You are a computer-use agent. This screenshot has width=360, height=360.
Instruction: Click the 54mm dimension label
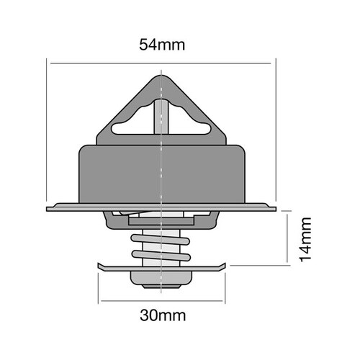(x=162, y=45)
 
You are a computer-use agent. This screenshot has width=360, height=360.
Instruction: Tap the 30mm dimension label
(x=162, y=315)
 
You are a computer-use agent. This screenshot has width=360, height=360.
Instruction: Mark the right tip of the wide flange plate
(x=275, y=209)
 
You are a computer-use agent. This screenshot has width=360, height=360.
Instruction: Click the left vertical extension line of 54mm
(x=48, y=130)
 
